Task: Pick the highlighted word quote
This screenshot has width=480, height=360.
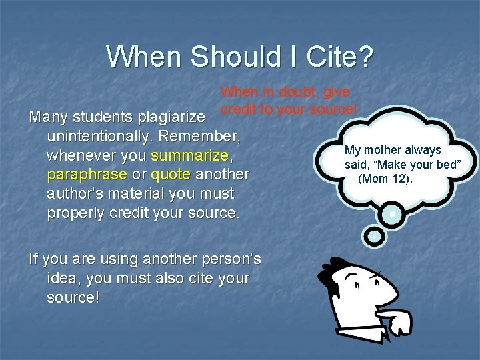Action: [x=171, y=175]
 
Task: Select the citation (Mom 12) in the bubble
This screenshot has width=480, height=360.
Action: [x=385, y=179]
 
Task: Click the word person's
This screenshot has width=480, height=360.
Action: [x=224, y=259]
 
